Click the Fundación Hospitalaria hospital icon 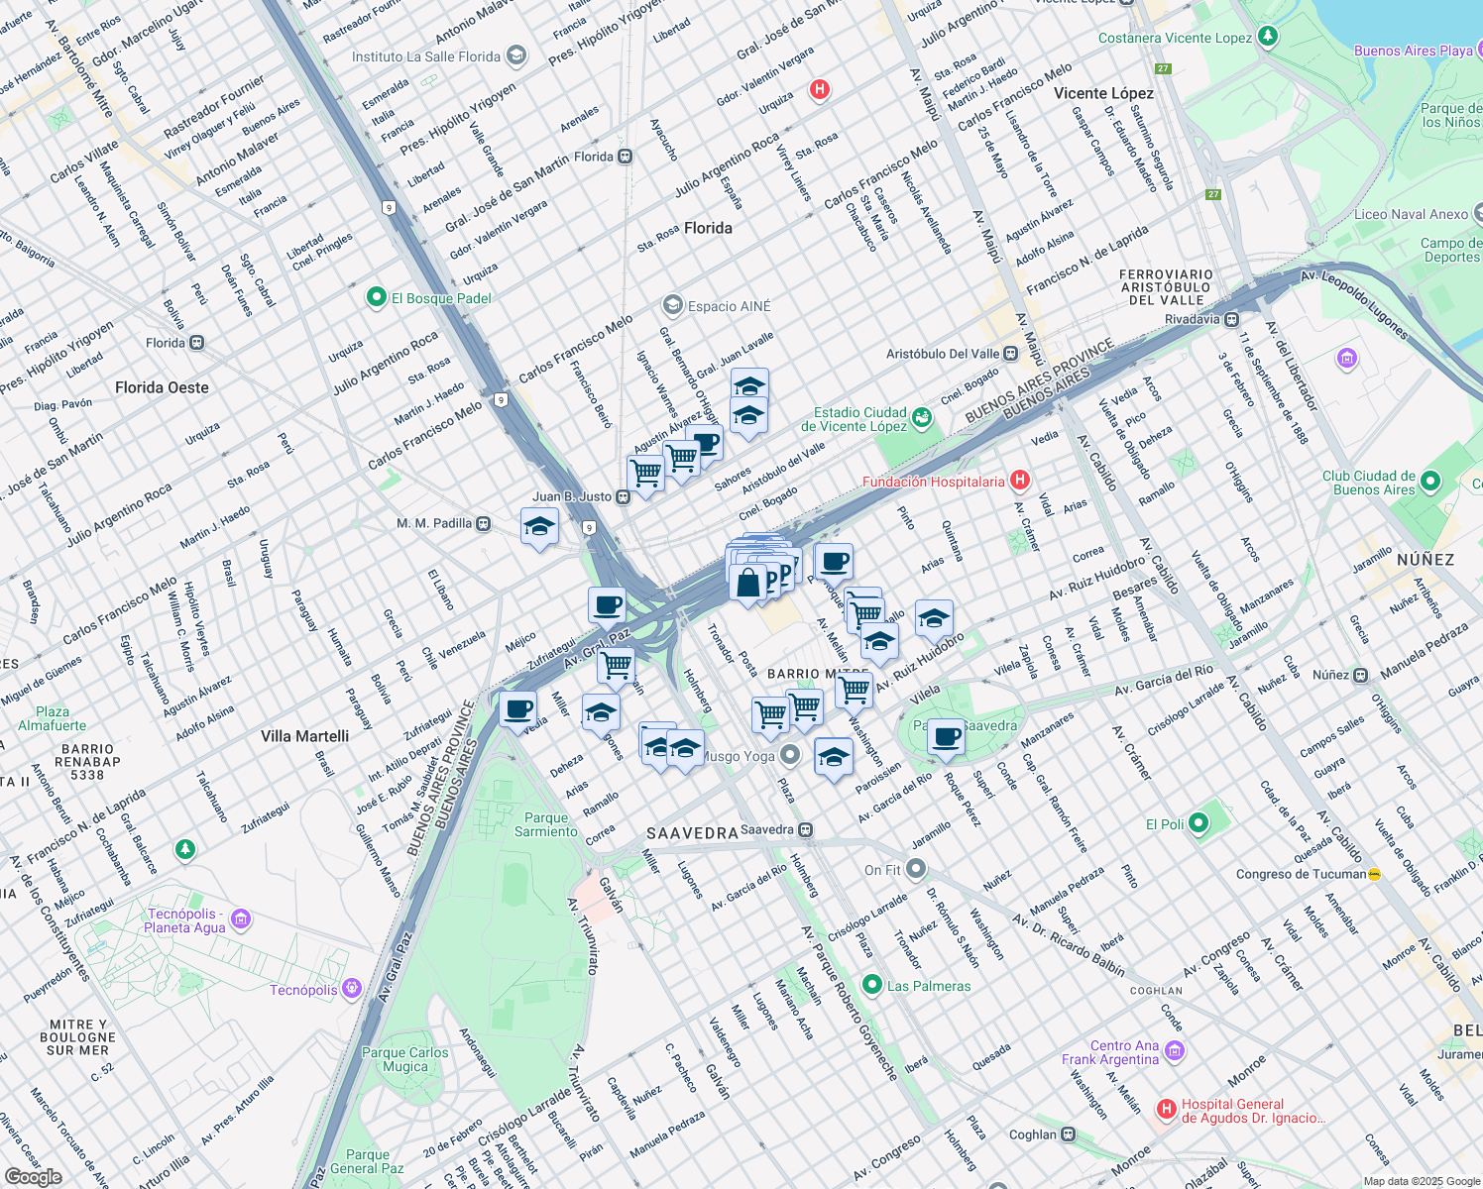pos(1020,482)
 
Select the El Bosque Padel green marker pos(376,297)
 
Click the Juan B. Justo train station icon pos(624,497)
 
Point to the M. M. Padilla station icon pos(483,523)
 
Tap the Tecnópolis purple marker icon pos(351,989)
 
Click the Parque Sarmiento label pos(546,824)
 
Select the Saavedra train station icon pos(806,830)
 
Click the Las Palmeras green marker pos(872,985)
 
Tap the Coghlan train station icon pos(1068,1135)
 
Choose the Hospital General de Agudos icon pos(1167,1108)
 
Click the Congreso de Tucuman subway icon pos(1374,874)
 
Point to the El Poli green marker pos(1198,823)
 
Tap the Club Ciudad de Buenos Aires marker pos(1429,482)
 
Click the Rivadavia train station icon pos(1231,319)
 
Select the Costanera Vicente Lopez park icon pos(1267,38)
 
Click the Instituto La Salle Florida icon pos(515,56)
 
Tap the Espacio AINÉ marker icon pos(673,305)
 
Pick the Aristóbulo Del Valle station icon pos(1010,354)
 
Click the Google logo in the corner pos(33,1177)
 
